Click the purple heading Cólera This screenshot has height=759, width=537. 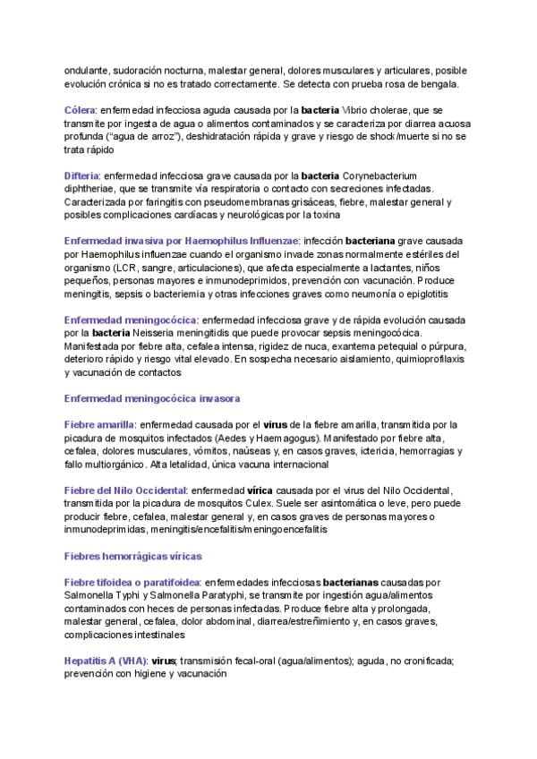(x=81, y=110)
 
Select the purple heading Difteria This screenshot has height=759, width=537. (x=83, y=175)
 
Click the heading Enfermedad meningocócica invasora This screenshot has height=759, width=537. (x=151, y=398)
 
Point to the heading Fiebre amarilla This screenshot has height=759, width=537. (x=99, y=424)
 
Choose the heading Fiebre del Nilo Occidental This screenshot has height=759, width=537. (x=126, y=490)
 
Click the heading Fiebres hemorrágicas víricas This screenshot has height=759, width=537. (x=132, y=556)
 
